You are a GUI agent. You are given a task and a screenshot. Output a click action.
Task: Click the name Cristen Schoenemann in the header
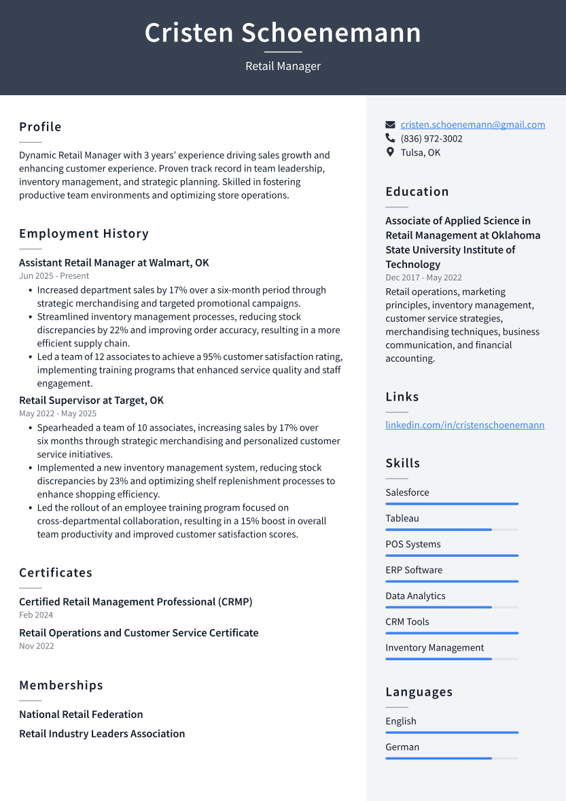coord(283,33)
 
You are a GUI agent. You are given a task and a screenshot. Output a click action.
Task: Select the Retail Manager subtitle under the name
coord(283,66)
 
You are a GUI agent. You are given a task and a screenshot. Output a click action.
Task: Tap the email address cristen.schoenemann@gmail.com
coord(472,124)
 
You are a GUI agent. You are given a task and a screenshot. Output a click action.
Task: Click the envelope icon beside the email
coord(390,124)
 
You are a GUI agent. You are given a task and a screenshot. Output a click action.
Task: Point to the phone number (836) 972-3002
coord(431,139)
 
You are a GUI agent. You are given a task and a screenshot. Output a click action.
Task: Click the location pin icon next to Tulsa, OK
coord(390,152)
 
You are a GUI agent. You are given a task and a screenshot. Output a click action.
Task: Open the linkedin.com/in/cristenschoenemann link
coord(465,425)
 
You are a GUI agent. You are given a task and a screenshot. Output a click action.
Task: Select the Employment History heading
coord(84,233)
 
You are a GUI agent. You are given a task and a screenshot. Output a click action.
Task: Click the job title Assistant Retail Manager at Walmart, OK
coord(114,262)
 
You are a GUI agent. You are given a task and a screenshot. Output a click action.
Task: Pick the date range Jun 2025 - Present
coord(54,276)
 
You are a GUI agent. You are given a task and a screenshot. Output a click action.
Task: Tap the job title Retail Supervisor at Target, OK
coord(91,400)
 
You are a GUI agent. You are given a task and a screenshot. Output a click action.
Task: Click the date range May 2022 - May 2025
coord(58,413)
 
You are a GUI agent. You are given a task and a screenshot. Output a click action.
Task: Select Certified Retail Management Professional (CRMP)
coord(135,602)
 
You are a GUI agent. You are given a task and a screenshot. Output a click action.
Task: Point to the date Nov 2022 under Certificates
coord(36,646)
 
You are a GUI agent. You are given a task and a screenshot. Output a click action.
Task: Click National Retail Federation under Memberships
coord(81,715)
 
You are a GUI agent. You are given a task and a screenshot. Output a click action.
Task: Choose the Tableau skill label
coord(402,518)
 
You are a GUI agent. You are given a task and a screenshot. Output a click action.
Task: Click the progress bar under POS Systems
coord(452,556)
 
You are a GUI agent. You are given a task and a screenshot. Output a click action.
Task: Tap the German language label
coord(402,747)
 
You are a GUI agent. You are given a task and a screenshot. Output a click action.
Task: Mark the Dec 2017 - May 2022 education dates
coord(423,277)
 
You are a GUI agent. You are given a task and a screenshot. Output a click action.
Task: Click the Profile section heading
coord(40,127)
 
